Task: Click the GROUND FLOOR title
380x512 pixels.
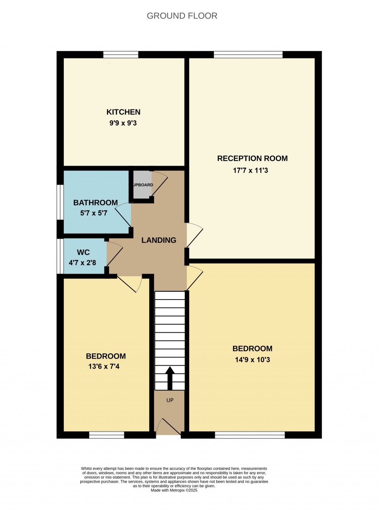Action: click(182, 16)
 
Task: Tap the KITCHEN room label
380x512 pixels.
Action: click(123, 112)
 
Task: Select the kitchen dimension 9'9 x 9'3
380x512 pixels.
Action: click(123, 123)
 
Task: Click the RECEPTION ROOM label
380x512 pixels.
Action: click(252, 159)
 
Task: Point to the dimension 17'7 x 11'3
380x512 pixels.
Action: click(250, 170)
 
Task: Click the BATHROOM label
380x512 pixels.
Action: click(95, 203)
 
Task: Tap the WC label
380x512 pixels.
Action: click(83, 252)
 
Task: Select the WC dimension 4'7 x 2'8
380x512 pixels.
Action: click(82, 263)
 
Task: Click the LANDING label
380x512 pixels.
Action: click(159, 240)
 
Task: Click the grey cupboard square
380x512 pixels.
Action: click(142, 185)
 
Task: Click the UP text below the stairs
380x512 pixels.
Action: click(170, 400)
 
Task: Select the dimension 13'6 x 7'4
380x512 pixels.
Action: click(104, 366)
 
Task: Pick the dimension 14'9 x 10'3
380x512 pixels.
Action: click(252, 360)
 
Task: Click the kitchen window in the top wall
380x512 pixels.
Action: click(121, 55)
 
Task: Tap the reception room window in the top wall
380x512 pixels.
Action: click(248, 55)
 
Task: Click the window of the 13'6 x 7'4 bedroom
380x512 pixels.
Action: click(107, 435)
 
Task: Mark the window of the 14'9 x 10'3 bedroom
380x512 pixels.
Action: click(250, 435)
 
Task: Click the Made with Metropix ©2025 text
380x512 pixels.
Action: click(174, 490)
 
